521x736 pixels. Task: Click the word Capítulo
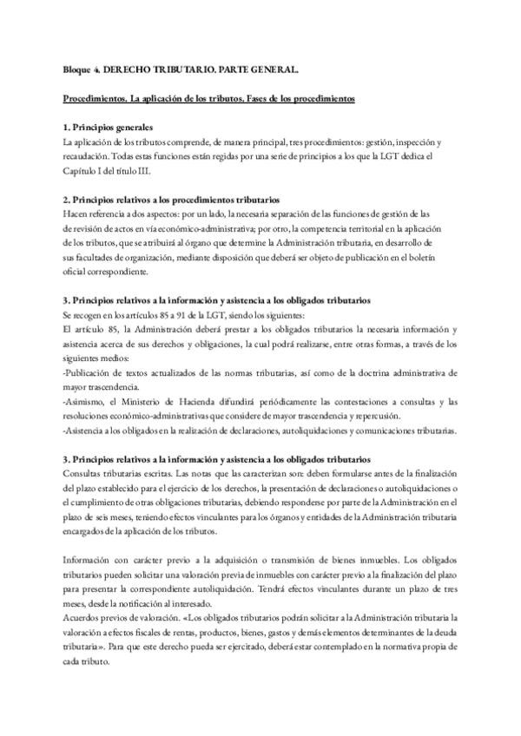pos(82,170)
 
